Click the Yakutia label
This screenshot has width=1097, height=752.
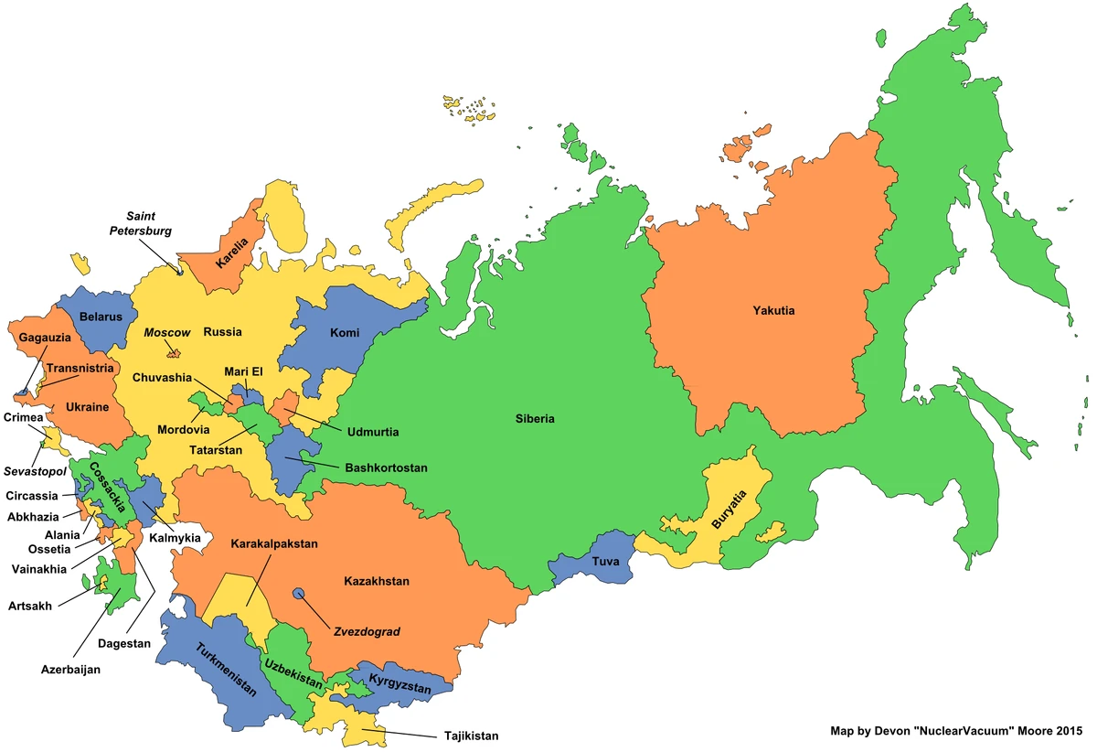(x=773, y=311)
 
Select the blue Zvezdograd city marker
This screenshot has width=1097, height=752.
(x=299, y=594)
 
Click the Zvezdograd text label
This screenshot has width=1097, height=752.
(x=365, y=631)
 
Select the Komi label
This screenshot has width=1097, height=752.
(x=345, y=333)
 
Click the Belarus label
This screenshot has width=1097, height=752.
(x=101, y=317)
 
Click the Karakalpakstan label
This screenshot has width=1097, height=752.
(x=274, y=543)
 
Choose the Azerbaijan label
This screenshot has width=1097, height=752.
(x=70, y=669)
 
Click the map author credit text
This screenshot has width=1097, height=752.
(x=955, y=731)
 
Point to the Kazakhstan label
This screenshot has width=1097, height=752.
(x=377, y=581)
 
